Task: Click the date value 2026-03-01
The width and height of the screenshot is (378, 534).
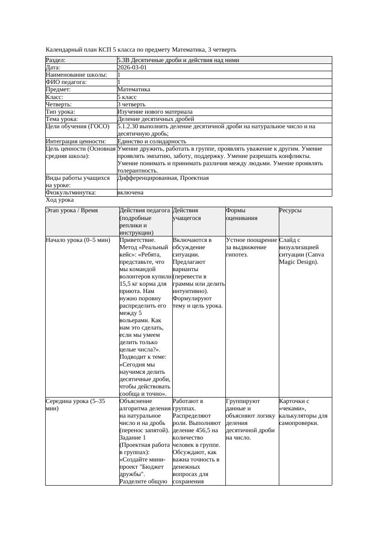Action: click(132, 68)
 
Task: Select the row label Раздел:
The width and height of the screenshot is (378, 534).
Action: click(56, 60)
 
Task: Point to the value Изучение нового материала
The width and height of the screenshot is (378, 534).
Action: click(155, 111)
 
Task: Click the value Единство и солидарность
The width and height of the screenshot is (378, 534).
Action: click(152, 141)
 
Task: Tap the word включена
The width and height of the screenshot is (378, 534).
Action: click(130, 193)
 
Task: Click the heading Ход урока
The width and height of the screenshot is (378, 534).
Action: click(60, 200)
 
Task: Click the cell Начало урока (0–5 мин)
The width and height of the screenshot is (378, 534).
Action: click(78, 240)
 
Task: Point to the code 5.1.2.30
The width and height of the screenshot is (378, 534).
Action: click(131, 126)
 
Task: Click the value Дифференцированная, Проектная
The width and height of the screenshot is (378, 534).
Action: click(163, 178)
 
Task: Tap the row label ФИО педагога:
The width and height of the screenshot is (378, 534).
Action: click(66, 82)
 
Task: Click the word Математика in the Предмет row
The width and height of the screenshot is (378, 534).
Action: click(133, 89)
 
